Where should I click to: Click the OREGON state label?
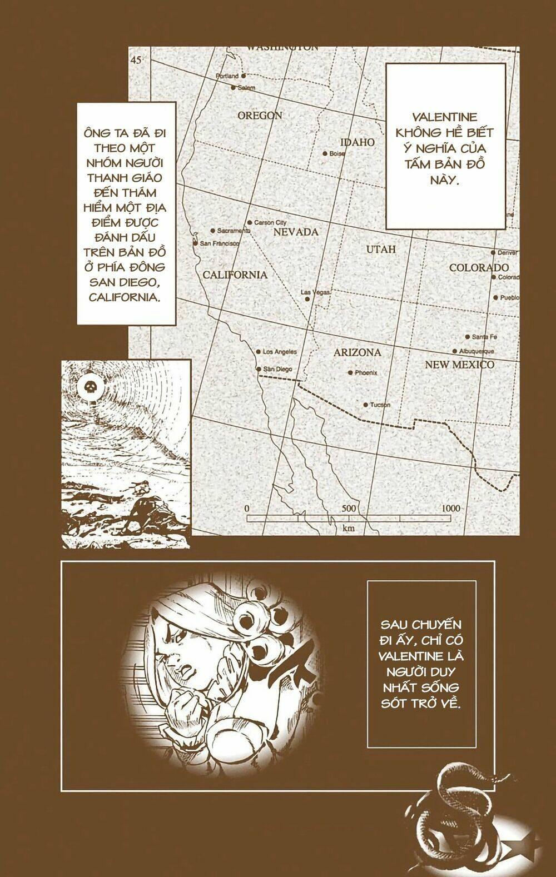pyautogui.click(x=260, y=116)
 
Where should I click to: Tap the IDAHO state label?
pyautogui.click(x=358, y=142)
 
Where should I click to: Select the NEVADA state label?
pyautogui.click(x=295, y=232)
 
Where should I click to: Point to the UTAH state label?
pyautogui.click(x=381, y=250)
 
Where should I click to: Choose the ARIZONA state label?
pyautogui.click(x=357, y=352)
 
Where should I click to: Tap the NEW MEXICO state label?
pyautogui.click(x=459, y=365)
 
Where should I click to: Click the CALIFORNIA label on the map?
pyautogui.click(x=235, y=275)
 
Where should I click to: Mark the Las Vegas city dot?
pyautogui.click(x=307, y=299)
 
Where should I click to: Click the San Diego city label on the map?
pyautogui.click(x=277, y=370)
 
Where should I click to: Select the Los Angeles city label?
pyautogui.click(x=280, y=352)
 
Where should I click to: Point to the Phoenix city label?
pyautogui.click(x=366, y=373)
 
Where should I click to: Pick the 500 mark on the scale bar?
pyautogui.click(x=349, y=509)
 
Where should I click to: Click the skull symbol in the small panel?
pyautogui.click(x=89, y=387)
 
